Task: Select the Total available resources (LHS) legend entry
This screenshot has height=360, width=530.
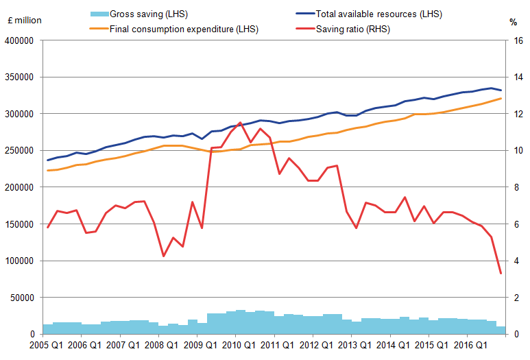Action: click(x=376, y=14)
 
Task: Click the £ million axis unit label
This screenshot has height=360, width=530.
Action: click(x=23, y=21)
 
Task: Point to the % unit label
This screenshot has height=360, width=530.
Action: click(x=513, y=22)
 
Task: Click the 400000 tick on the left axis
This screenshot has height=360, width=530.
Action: click(x=20, y=40)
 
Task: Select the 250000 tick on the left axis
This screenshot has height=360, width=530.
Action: click(x=20, y=151)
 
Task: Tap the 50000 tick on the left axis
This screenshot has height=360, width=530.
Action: click(x=23, y=298)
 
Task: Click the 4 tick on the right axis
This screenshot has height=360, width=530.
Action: click(x=511, y=261)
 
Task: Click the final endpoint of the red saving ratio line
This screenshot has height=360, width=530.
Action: click(x=501, y=273)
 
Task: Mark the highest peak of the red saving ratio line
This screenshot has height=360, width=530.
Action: click(x=240, y=123)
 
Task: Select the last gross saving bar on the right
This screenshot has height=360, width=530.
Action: click(x=501, y=330)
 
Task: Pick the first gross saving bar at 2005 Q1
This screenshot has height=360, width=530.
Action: click(x=47, y=329)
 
